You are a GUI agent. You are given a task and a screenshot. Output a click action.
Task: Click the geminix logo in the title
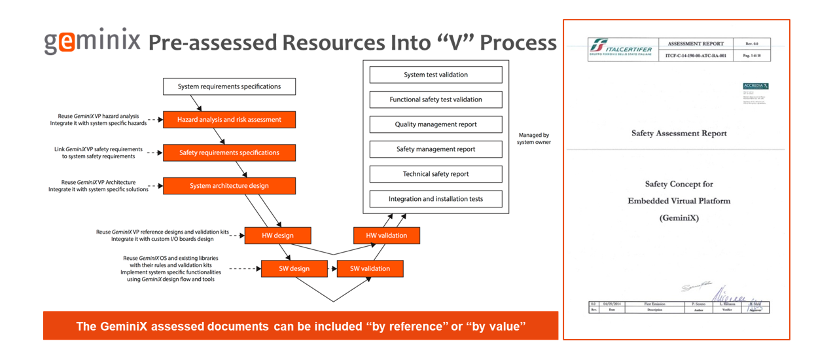(x=92, y=41)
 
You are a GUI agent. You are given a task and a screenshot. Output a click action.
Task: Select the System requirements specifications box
(x=229, y=86)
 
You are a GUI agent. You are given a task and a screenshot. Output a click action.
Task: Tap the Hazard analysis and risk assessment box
(x=229, y=120)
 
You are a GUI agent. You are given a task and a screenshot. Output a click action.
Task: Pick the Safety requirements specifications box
(x=229, y=153)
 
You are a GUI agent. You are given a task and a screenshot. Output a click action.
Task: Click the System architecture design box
(x=229, y=186)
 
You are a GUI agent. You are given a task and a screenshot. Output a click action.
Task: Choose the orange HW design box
(x=277, y=236)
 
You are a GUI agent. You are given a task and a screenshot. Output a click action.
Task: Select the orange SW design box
(x=294, y=268)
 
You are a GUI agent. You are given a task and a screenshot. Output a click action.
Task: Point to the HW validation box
(x=386, y=236)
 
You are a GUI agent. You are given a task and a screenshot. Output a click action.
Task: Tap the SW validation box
(x=370, y=268)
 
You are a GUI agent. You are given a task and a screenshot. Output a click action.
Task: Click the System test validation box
(x=436, y=75)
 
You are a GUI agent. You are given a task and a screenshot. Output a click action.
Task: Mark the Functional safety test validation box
(x=436, y=99)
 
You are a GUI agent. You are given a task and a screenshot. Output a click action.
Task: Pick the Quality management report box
(x=436, y=124)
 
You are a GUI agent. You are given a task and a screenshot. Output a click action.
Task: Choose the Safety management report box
(x=436, y=149)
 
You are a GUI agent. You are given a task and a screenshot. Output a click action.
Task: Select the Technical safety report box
(x=436, y=174)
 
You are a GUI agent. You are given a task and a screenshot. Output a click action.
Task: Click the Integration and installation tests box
(x=436, y=199)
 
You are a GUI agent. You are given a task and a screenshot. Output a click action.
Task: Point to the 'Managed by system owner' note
(x=535, y=139)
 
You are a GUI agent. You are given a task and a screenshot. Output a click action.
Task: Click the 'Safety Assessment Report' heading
(x=679, y=134)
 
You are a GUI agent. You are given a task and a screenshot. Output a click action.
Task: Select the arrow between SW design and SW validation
(x=332, y=268)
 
